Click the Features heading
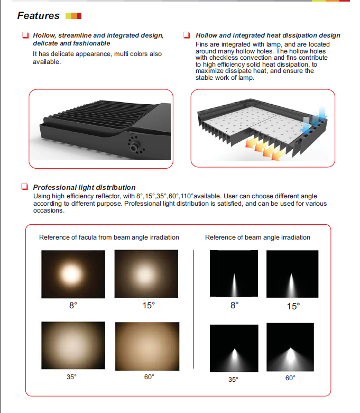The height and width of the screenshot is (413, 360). (x=39, y=16)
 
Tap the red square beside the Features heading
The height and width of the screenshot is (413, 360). (x=79, y=16)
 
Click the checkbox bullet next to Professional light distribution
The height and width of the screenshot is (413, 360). (x=24, y=187)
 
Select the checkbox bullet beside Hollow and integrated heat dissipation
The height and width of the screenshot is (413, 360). (x=187, y=35)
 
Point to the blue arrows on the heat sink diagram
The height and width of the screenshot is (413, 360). (x=314, y=120)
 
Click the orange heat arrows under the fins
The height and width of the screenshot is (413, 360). (x=265, y=150)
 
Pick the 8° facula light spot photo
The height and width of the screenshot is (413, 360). (x=73, y=274)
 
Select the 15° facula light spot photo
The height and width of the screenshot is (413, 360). (x=146, y=274)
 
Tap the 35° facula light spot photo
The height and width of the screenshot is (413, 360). (x=73, y=345)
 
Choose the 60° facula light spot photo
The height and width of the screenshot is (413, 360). (x=147, y=346)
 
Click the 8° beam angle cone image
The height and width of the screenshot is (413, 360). (x=234, y=273)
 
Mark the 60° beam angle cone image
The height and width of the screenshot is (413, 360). (x=290, y=347)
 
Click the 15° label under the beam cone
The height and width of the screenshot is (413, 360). (x=293, y=306)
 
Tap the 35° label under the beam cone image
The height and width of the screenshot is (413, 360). (x=233, y=379)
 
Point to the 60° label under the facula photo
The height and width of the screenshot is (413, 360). (x=149, y=377)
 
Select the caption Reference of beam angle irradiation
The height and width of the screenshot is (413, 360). (x=257, y=237)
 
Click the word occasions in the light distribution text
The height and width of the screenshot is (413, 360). (x=49, y=210)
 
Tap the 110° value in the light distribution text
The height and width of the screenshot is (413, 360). (x=187, y=196)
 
